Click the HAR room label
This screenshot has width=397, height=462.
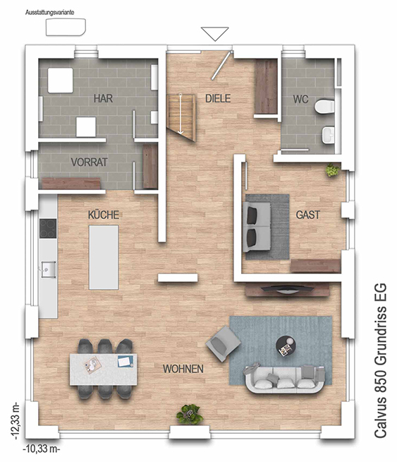pos(103,98)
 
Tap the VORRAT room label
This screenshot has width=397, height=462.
pos(89,162)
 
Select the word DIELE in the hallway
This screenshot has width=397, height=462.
pos(218,98)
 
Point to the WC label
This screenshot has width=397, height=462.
pos(300,100)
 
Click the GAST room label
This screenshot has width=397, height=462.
pos(307,215)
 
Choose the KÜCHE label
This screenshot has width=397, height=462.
pos(104,215)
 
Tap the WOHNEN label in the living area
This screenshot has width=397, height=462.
pos(183,369)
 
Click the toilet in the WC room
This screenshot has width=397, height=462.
pos(324,107)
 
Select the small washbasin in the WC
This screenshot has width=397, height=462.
pos(328,135)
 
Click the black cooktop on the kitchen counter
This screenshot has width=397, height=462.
pos(48,228)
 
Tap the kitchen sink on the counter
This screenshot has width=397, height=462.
pos(49,269)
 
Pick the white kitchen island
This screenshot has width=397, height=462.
pos(104,257)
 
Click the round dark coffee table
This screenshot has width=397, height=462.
pos(286,346)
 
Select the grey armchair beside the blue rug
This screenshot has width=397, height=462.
pos(224,343)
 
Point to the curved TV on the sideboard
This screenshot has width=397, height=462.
pos(284,289)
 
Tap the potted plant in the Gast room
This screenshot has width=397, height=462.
pos(333,170)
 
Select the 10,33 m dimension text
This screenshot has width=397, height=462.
pos(42,449)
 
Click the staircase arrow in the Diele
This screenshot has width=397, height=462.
pos(181,114)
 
